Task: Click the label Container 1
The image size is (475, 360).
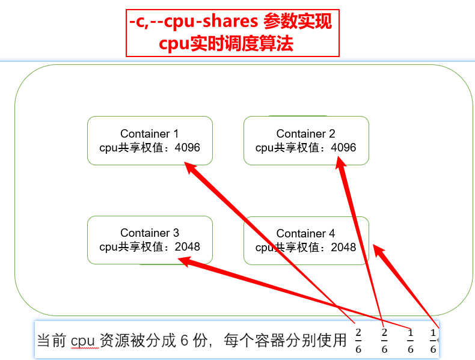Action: click(150, 134)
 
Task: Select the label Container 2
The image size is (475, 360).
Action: click(305, 134)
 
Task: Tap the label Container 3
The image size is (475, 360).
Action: click(150, 233)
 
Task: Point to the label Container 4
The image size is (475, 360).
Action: click(305, 234)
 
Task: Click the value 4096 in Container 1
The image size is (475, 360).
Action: click(187, 148)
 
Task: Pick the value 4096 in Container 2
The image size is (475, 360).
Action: click(343, 148)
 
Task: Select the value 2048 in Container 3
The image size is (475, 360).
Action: click(187, 247)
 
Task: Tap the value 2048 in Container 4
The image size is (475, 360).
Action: click(343, 248)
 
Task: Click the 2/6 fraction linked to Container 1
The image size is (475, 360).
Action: click(358, 340)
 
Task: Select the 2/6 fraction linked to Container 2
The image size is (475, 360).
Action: click(384, 340)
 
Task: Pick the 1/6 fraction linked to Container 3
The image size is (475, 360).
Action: click(410, 340)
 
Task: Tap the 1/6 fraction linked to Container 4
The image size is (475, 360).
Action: click(433, 340)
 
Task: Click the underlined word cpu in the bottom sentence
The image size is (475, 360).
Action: click(83, 341)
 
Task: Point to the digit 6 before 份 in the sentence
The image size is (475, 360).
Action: click(184, 341)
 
